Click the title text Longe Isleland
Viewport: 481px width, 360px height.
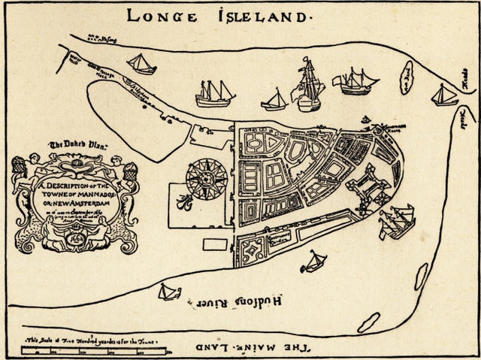(x=219, y=15)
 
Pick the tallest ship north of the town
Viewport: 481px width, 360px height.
(x=309, y=84)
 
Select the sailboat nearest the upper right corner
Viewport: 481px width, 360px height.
(x=444, y=95)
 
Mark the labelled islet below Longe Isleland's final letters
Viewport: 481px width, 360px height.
(x=406, y=78)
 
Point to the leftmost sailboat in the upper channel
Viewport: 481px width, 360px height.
(x=141, y=64)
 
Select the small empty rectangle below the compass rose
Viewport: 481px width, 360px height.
(x=215, y=244)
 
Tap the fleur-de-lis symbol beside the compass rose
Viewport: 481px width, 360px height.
(x=183, y=201)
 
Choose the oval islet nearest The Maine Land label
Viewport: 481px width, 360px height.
(x=369, y=322)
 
